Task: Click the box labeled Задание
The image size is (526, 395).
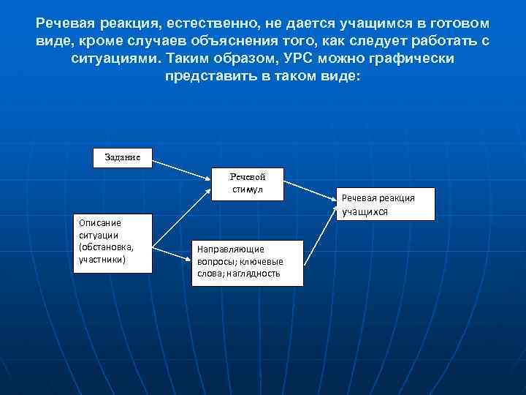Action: [123, 157]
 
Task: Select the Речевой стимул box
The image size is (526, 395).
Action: [247, 184]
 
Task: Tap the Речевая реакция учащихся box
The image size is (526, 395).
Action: [387, 204]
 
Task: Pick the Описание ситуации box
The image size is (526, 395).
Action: [112, 242]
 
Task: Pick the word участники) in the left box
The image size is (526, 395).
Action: [102, 258]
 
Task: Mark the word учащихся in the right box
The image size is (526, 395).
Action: [364, 211]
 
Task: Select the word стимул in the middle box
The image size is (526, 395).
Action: [248, 190]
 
